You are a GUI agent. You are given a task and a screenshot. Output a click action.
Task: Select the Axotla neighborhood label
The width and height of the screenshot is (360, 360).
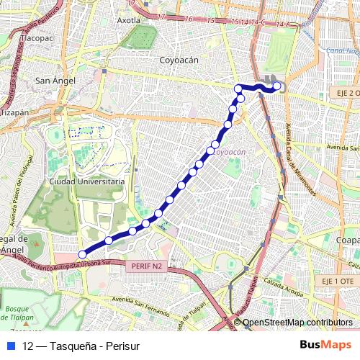[x=128, y=20]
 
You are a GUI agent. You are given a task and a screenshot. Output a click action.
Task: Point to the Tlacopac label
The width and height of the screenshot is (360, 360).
[x=40, y=36]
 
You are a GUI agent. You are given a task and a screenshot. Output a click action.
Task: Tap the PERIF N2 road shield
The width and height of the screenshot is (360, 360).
[x=148, y=266]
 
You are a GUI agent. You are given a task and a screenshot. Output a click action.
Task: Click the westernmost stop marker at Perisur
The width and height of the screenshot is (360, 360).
[x=82, y=254]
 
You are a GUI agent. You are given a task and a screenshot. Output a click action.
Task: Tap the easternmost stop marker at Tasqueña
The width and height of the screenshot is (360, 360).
[x=277, y=86]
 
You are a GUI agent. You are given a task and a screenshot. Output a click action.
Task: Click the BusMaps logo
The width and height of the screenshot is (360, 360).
[x=325, y=346]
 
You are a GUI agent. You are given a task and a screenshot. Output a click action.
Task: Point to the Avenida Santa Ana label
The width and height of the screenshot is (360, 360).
[x=343, y=148]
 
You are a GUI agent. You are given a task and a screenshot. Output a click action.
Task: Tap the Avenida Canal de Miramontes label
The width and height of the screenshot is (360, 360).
[x=300, y=162]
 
